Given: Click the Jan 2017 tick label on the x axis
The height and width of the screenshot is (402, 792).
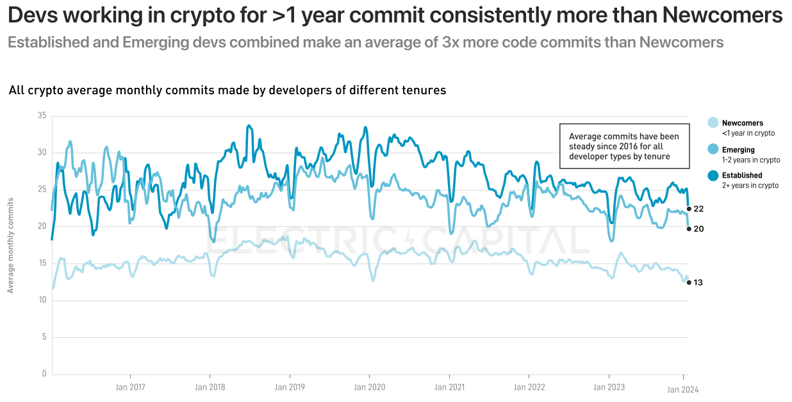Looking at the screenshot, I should (x=130, y=387).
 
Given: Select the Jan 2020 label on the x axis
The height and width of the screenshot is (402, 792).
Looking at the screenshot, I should (x=369, y=387).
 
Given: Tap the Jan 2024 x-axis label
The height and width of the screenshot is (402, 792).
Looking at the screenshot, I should (x=683, y=390).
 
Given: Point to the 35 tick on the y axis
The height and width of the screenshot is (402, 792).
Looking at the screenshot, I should (x=42, y=116).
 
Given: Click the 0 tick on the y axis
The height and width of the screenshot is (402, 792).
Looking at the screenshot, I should (x=44, y=374).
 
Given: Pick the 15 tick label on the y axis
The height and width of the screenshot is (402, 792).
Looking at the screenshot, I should (x=42, y=264).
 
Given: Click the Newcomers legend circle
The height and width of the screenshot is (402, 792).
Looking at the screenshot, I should (x=713, y=123).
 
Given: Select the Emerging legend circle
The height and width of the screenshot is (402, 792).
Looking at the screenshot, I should (x=713, y=149).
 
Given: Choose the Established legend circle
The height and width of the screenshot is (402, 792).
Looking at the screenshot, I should (x=713, y=175).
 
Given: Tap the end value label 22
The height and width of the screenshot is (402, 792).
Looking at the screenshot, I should (x=699, y=209).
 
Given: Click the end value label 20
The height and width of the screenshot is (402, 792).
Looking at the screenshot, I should (x=699, y=229).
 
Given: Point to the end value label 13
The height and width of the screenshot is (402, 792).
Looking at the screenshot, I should (x=698, y=283).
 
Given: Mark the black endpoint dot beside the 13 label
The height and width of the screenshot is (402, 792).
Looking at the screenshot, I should (x=689, y=282).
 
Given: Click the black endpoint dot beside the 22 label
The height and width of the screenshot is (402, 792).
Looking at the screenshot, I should (x=689, y=208).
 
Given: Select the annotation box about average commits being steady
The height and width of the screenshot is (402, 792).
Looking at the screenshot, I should (x=624, y=146).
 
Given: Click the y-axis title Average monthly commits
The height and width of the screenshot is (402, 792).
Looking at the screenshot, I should (x=11, y=245).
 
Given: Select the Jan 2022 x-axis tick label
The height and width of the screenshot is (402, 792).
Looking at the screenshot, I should (x=529, y=387).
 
